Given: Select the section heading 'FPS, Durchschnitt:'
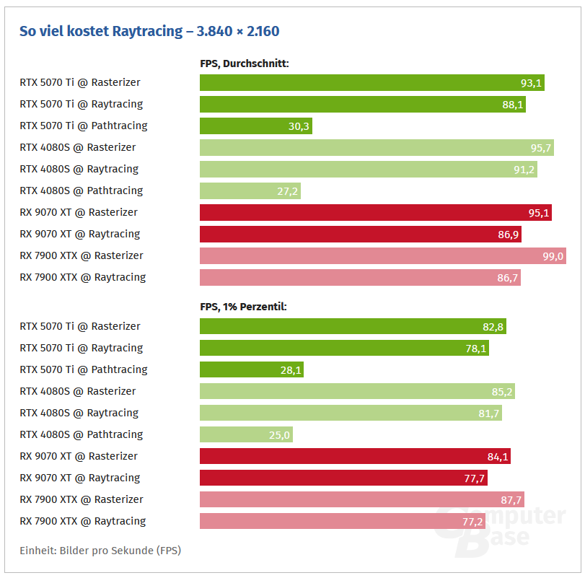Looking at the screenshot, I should pos(244,64).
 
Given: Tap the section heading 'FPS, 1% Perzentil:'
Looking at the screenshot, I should pos(243,307).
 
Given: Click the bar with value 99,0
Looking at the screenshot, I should pos(382,256).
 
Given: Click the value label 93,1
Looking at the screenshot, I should pos(531,83).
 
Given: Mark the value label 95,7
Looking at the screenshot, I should pos(541,148).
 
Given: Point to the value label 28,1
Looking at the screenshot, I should pos(290,370).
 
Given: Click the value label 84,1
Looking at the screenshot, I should pos(498,457).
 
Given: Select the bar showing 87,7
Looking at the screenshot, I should pos(361,500).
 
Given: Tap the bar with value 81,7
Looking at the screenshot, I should pos(350,413).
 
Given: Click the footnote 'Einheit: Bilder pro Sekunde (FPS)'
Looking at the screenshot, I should pos(100,551).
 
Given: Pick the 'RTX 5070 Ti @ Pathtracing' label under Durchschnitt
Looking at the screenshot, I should pos(83,126).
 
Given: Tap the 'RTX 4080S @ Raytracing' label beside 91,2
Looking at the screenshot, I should pos(79,169).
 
